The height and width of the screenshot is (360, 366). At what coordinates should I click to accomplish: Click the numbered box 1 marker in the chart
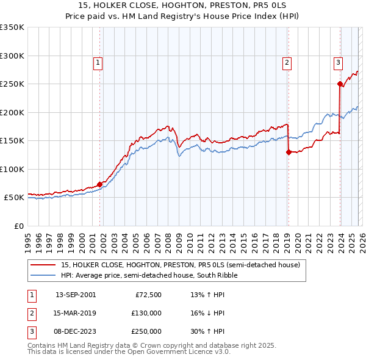(x=98, y=61)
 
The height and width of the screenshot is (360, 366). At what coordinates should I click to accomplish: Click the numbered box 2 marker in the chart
(x=287, y=61)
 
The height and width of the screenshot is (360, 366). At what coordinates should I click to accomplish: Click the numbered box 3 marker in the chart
(x=338, y=61)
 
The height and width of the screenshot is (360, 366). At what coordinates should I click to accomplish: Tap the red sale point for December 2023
(x=340, y=84)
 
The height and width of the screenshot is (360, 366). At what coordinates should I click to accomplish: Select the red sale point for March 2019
(x=289, y=153)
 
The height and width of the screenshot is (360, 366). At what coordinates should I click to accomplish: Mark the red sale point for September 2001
(x=99, y=184)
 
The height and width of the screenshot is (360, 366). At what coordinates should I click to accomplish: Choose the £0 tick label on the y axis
(x=18, y=226)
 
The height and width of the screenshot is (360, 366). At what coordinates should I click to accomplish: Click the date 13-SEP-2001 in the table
(x=76, y=295)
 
